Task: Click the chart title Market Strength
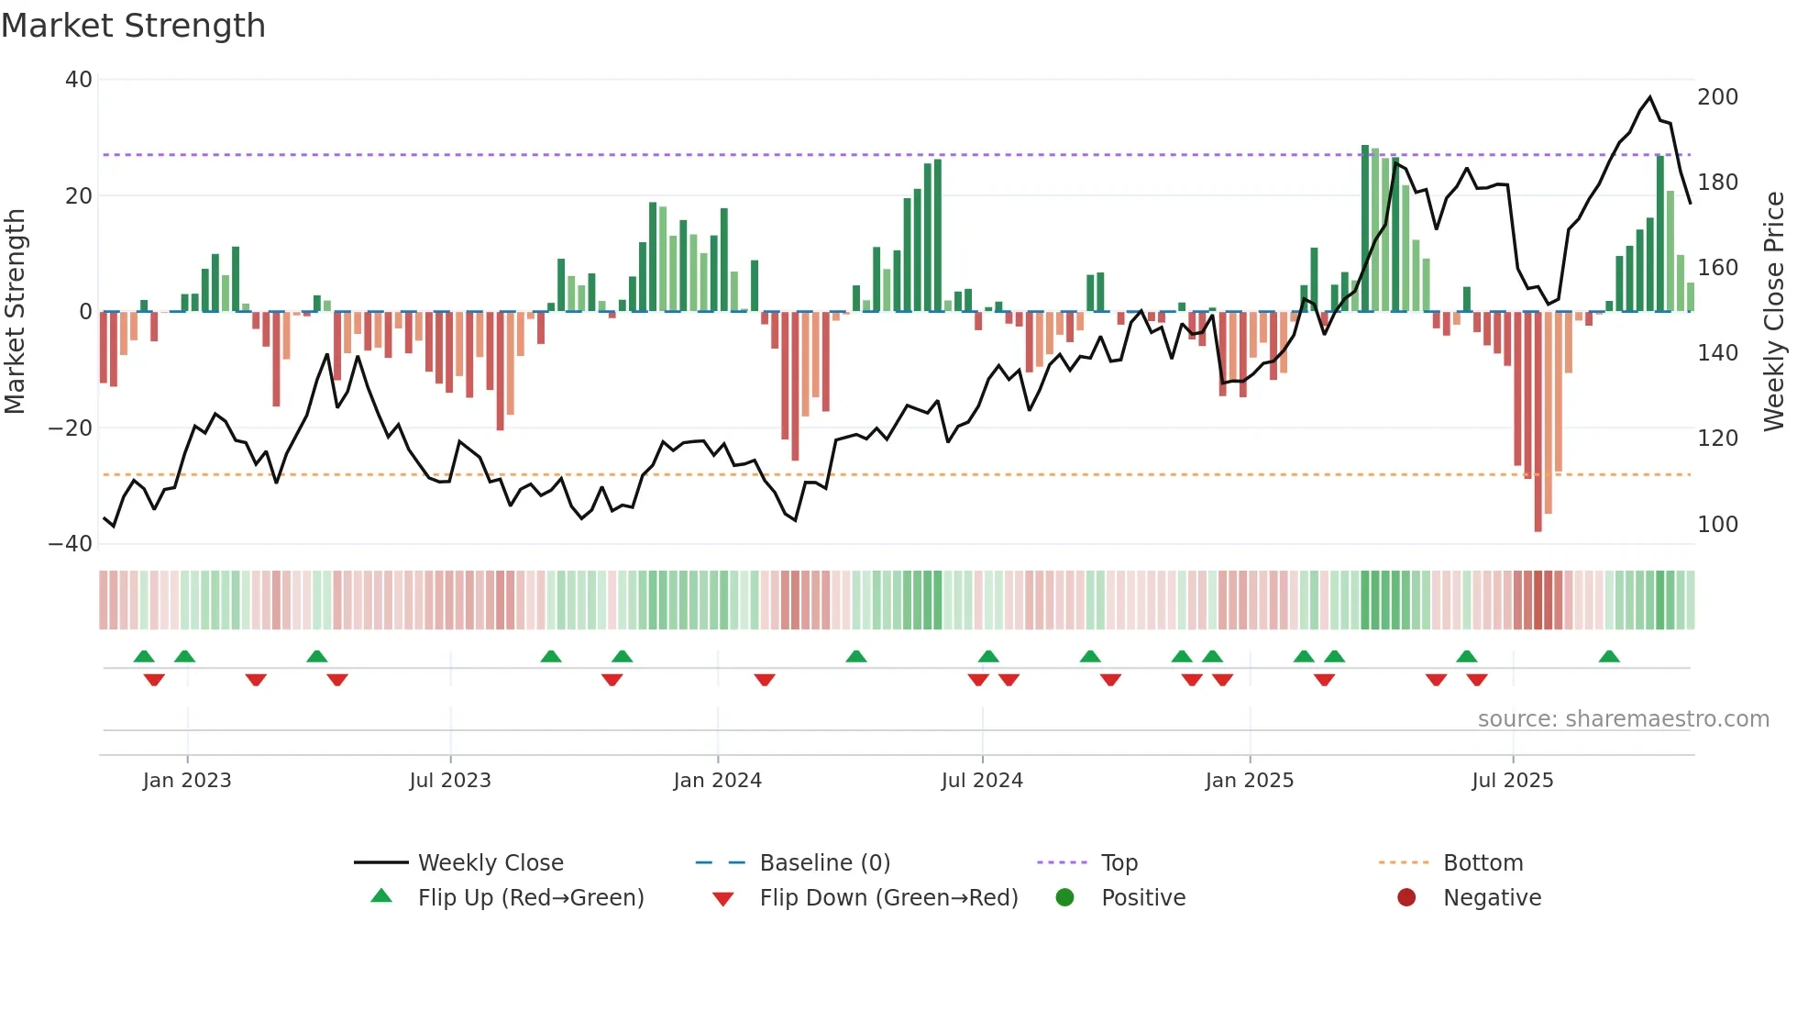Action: point(133,26)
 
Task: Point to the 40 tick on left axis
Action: point(79,80)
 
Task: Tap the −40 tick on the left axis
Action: point(71,544)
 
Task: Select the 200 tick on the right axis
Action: point(1717,97)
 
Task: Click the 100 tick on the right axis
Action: point(1717,525)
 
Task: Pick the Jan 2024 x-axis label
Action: point(717,781)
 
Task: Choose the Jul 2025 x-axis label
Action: point(1512,781)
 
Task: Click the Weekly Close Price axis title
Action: point(1774,312)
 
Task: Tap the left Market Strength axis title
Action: point(16,312)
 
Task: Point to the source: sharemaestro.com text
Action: point(1623,719)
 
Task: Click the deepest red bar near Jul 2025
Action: point(1538,422)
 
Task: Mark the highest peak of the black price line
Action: point(1650,97)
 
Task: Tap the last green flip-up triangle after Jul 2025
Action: point(1609,656)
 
